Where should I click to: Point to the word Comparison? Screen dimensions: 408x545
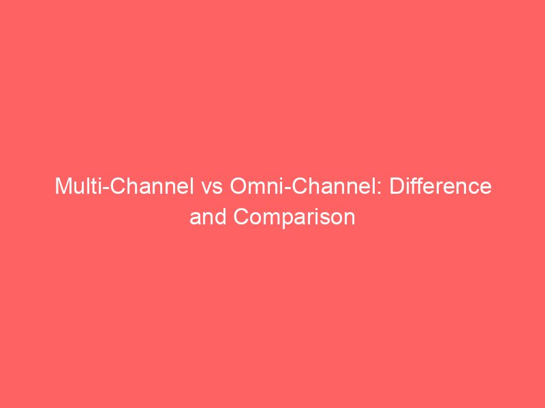click(x=294, y=218)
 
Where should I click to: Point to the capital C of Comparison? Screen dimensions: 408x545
click(x=242, y=218)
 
